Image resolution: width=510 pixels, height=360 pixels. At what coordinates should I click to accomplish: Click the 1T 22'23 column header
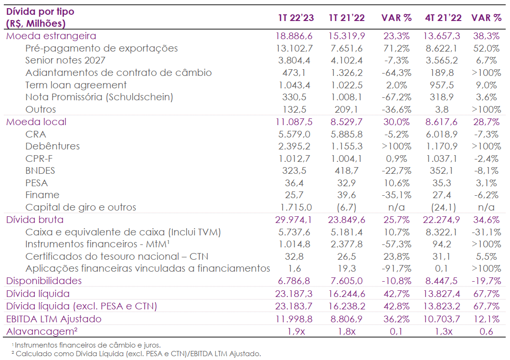point(296,18)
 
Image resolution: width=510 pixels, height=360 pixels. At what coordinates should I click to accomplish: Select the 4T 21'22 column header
point(443,18)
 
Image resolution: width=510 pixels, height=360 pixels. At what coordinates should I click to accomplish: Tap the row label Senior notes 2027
point(65,60)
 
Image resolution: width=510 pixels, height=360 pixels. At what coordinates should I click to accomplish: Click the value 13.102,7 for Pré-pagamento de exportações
point(294,48)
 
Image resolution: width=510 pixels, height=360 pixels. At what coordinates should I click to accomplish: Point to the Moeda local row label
point(36,122)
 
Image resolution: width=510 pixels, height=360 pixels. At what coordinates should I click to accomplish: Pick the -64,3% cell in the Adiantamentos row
point(396,73)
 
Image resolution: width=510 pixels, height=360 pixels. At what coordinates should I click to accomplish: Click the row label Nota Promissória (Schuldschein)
point(99,97)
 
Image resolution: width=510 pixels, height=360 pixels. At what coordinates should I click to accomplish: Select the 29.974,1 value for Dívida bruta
point(293,220)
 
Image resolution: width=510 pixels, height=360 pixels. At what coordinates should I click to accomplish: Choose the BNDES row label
point(40,170)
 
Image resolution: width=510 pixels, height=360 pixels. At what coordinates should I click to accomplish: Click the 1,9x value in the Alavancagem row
point(297,331)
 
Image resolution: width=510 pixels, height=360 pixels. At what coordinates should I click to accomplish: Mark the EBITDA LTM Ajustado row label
point(53,319)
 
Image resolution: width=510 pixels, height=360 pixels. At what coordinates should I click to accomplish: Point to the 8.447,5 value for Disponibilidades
point(441,281)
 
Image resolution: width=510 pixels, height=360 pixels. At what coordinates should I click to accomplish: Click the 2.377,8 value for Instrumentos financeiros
point(347,244)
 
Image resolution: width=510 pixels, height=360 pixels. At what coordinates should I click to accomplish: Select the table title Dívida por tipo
point(40,12)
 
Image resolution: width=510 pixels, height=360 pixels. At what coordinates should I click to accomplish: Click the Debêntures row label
point(53,146)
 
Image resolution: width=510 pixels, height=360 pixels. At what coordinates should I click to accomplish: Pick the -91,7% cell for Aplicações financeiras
point(396,268)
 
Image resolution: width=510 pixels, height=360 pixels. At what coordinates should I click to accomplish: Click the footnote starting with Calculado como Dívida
point(136,353)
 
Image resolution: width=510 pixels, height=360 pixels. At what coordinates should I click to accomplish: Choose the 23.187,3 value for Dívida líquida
point(294,294)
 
